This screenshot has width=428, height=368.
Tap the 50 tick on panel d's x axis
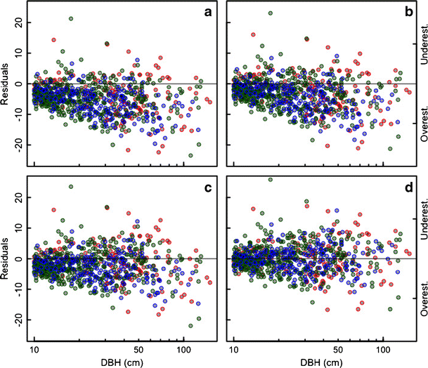coord(338,347)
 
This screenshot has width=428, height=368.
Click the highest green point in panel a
coord(71,19)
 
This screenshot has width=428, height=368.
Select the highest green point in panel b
coord(271,13)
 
